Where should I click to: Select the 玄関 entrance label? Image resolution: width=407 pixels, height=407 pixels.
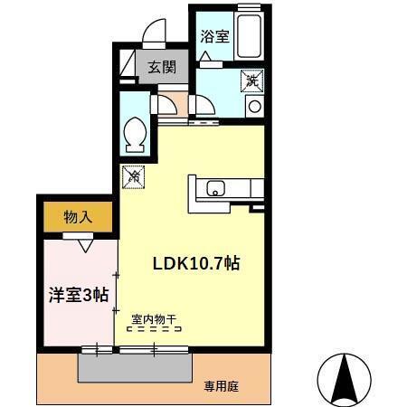(163, 67)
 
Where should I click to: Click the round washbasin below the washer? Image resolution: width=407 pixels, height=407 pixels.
(254, 106)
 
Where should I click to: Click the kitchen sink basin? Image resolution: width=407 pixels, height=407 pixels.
(216, 188)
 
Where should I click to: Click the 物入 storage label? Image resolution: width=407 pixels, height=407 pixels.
(77, 217)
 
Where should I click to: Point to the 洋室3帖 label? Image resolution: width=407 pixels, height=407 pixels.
(79, 295)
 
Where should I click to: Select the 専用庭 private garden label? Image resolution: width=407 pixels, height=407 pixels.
(222, 386)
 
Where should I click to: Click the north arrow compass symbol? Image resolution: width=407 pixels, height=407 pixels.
(344, 378)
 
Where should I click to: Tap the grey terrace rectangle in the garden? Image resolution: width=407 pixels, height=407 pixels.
(136, 366)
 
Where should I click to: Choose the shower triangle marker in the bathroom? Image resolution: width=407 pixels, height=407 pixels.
(205, 57)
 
